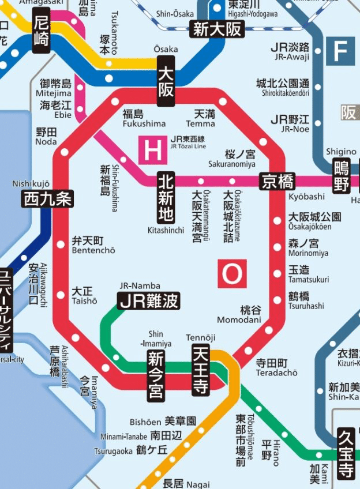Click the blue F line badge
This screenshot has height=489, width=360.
(340, 51)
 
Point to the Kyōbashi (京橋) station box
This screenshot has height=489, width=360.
(277, 181)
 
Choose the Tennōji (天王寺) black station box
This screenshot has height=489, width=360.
(200, 368)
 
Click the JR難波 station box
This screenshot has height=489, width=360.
(149, 300)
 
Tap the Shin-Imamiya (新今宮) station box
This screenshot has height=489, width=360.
(155, 375)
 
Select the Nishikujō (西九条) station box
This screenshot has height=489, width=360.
(48, 199)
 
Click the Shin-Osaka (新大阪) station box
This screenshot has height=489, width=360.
(218, 29)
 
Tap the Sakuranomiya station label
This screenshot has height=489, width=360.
(232, 159)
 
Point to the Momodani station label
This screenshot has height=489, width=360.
(239, 315)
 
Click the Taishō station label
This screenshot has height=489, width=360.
(85, 296)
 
